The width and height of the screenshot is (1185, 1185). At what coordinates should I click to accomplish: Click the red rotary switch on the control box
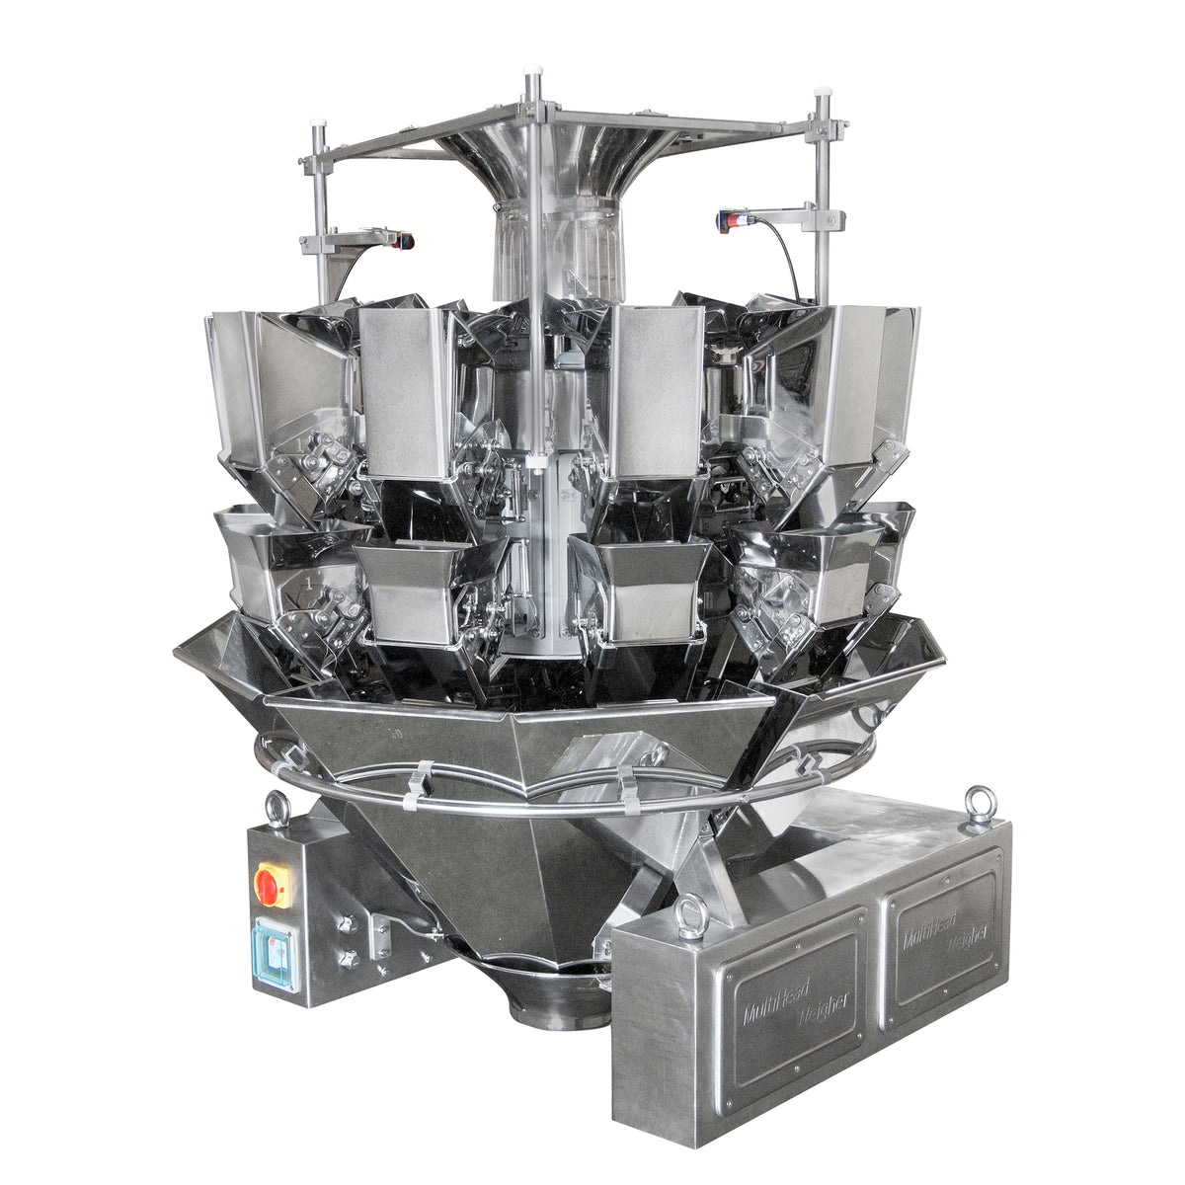[x=273, y=886]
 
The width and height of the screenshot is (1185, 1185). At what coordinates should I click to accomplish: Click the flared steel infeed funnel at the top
[x=553, y=158]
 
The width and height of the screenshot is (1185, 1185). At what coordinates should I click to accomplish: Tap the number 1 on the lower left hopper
[x=308, y=585]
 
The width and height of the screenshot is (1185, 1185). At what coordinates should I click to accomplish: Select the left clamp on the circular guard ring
[x=417, y=785]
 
